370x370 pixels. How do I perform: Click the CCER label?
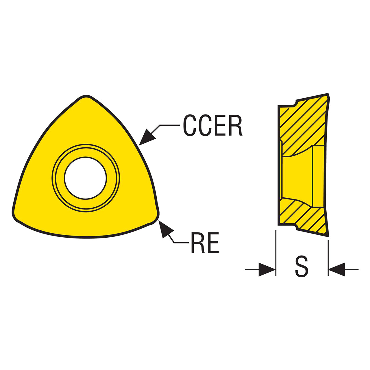212,125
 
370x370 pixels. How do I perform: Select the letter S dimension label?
302,267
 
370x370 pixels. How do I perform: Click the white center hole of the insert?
85,178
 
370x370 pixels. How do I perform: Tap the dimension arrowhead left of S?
267,270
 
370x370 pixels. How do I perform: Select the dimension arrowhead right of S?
336,270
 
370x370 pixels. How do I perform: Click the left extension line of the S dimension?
276,253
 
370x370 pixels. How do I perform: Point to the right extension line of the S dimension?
328,258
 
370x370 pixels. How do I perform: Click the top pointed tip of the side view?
328,94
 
